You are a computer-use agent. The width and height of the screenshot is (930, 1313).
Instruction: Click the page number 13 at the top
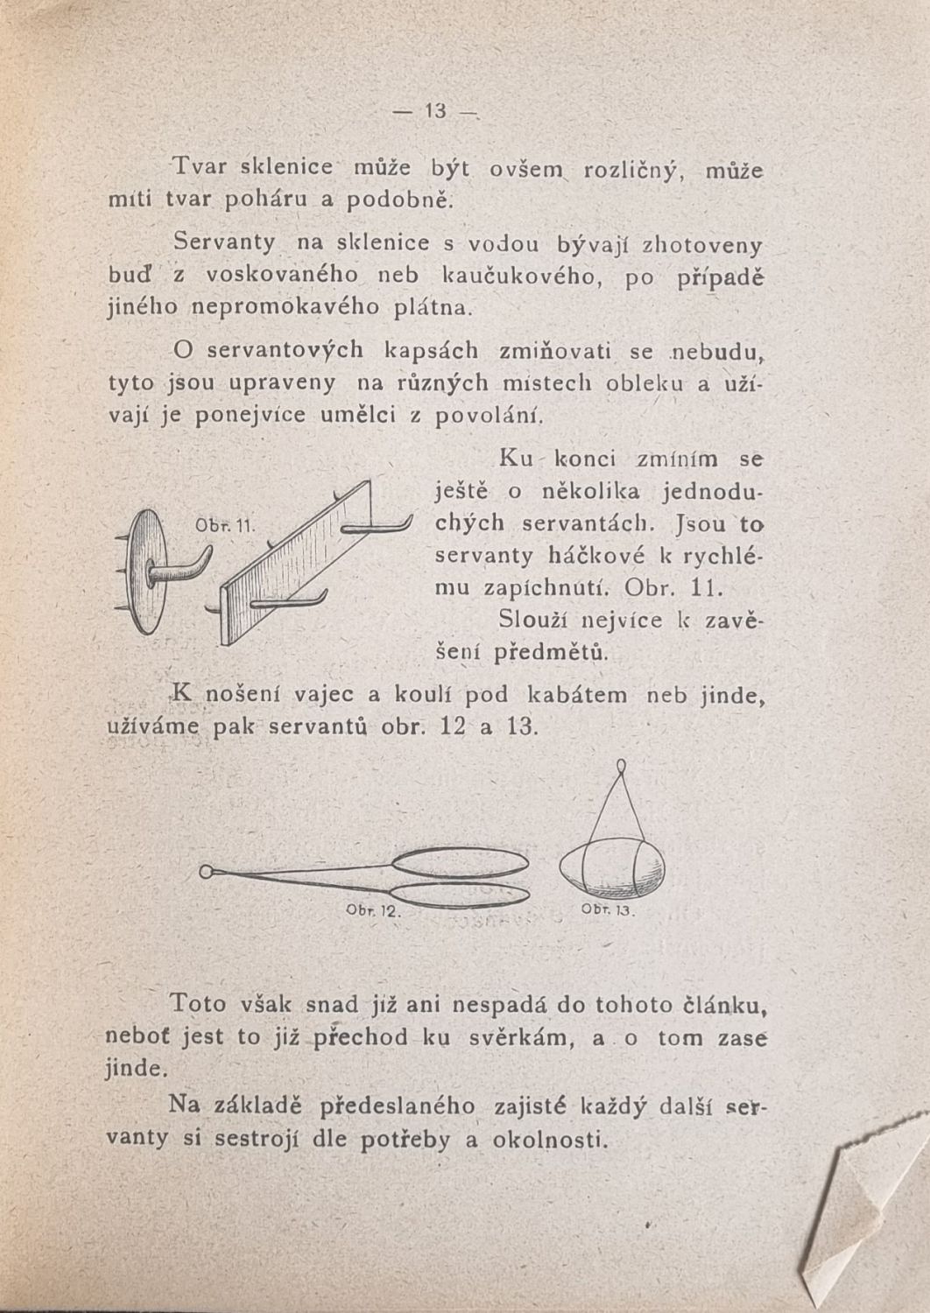tap(435, 111)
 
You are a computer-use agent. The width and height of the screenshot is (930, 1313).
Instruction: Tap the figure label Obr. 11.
tap(223, 526)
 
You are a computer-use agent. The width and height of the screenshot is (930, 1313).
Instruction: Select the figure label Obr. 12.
tap(372, 910)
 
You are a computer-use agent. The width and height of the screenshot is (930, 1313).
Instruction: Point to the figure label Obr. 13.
tap(607, 909)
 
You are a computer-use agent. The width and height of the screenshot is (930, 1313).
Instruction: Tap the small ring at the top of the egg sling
tap(620, 767)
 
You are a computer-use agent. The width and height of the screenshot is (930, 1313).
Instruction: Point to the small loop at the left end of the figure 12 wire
tap(207, 871)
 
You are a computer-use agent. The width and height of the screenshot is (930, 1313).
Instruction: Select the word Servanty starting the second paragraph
tap(224, 242)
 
